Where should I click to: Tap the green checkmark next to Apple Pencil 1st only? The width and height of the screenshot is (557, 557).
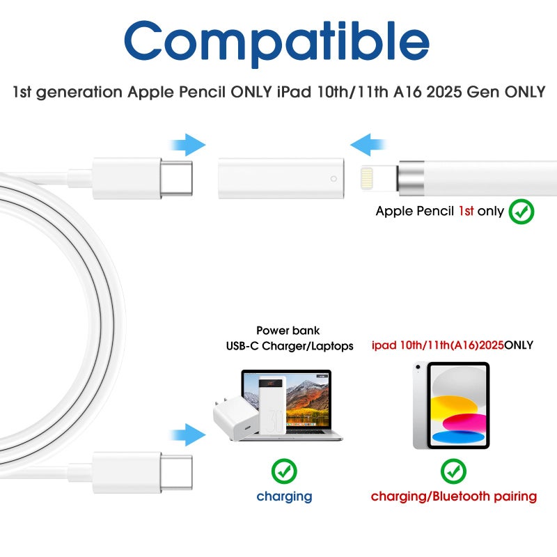pos(521,211)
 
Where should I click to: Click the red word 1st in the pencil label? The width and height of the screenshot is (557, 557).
pos(466,211)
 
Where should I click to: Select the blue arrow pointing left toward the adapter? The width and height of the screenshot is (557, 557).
pos(368,146)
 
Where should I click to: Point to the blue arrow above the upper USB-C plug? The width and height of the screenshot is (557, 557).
pos(188,146)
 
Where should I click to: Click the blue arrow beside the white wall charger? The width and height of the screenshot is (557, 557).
pos(188,435)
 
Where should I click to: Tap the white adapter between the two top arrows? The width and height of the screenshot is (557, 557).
pos(281,178)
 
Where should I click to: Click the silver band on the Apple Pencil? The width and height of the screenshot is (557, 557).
pos(411,178)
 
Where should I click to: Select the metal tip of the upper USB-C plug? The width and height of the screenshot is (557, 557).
pos(176,178)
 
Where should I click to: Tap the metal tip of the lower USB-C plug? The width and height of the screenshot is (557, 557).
pos(176,473)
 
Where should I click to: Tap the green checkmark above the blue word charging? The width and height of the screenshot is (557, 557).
pos(284,471)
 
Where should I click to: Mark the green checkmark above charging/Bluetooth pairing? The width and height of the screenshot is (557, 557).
pos(453,471)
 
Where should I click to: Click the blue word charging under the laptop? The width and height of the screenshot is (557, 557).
pos(284,496)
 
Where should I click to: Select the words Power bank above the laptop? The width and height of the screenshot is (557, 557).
pos(288,331)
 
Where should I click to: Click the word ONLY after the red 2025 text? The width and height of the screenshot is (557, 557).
pos(519,345)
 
